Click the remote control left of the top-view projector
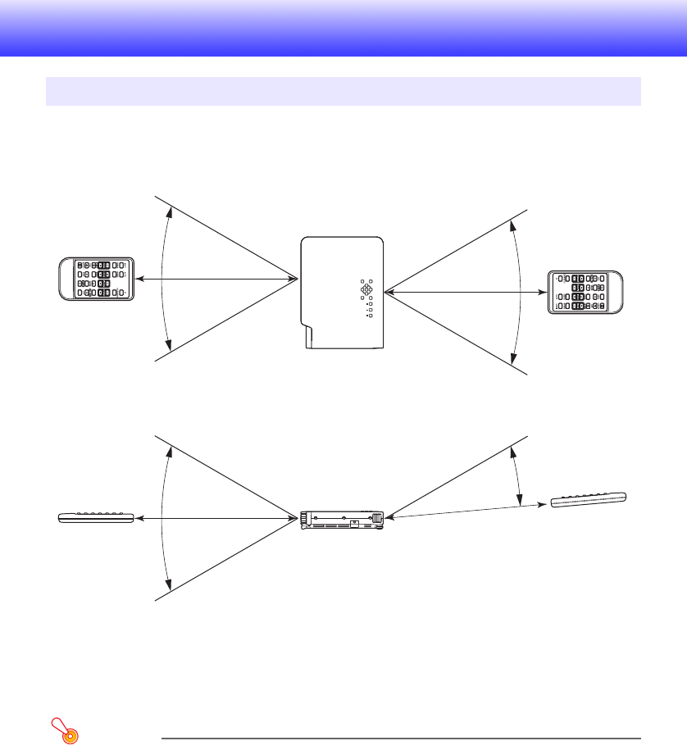point(95,279)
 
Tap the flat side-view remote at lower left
point(95,517)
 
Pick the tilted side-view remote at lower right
point(589,499)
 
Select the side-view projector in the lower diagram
point(343,519)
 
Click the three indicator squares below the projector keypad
point(370,309)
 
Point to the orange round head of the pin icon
point(70,735)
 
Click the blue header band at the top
point(343,28)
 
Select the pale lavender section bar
point(343,91)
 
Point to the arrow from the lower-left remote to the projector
point(216,517)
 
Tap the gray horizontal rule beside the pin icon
point(400,737)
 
